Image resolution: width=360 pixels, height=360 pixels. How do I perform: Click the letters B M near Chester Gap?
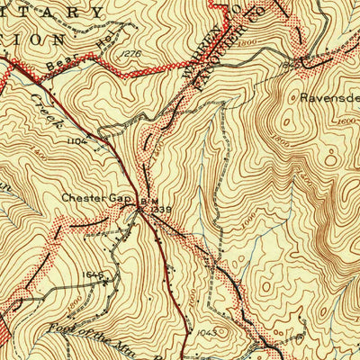pyautogui.click(x=146, y=202)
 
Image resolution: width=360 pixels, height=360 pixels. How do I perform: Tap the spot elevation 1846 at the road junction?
pyautogui.click(x=290, y=65)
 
